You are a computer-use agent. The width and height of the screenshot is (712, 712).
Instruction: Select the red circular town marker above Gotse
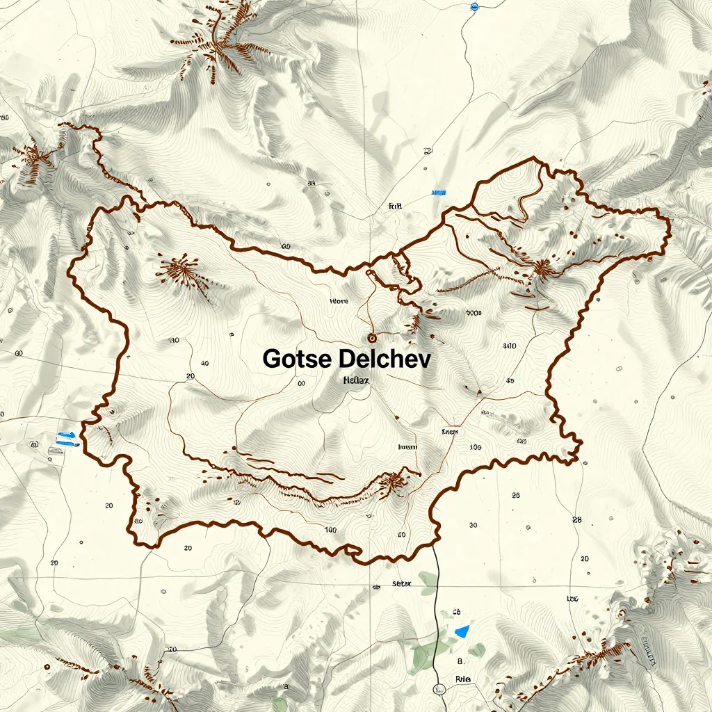click(x=371, y=338)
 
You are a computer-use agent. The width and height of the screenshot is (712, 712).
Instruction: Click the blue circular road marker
click(x=475, y=7)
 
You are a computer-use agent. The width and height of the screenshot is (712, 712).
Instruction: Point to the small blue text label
click(x=439, y=192)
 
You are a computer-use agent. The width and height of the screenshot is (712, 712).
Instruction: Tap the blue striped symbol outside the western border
click(x=66, y=437)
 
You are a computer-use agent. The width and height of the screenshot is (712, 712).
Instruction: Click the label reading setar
click(x=403, y=584)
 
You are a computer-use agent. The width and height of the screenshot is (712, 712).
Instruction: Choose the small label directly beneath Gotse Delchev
click(x=356, y=380)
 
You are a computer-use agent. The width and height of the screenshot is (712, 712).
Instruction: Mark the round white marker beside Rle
click(x=439, y=690)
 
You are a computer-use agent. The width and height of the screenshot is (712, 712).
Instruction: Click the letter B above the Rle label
click(x=460, y=661)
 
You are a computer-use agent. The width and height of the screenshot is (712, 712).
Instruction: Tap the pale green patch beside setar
click(x=428, y=583)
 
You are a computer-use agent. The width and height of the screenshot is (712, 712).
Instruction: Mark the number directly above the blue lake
click(x=457, y=613)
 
